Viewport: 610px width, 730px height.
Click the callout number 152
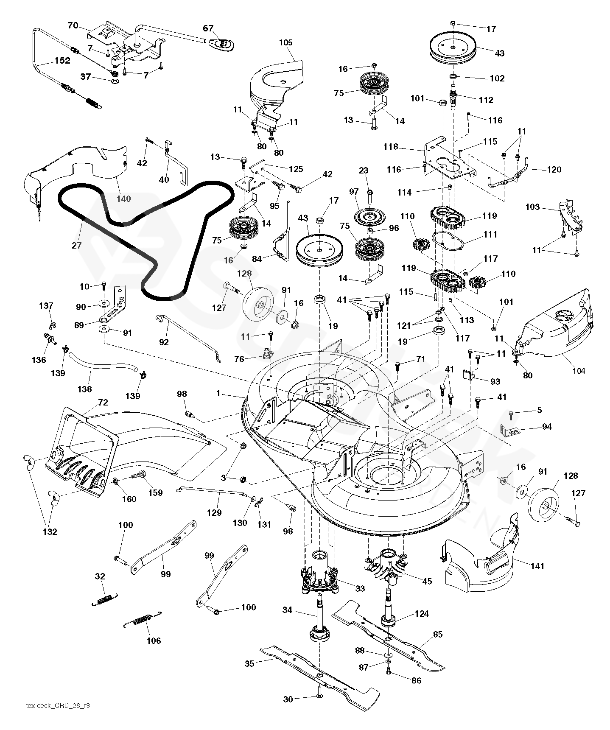[x=62, y=61]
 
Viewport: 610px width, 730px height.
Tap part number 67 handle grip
[x=222, y=44]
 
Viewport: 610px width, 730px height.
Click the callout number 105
[x=286, y=42]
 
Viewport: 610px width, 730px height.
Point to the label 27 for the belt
[x=76, y=245]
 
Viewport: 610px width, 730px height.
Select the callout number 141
[x=537, y=566]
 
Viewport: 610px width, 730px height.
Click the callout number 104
[x=578, y=371]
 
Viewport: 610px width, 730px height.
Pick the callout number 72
[x=103, y=402]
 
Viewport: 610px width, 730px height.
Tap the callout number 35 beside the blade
[x=249, y=663]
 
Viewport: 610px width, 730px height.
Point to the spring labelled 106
[x=142, y=620]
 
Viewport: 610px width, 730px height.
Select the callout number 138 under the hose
[x=85, y=389]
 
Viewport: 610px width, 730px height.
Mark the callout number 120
[x=554, y=170]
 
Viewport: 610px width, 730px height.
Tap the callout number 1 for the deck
[x=218, y=393]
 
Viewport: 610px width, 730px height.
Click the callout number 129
[x=214, y=512]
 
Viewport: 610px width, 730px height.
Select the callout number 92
[x=164, y=342]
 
